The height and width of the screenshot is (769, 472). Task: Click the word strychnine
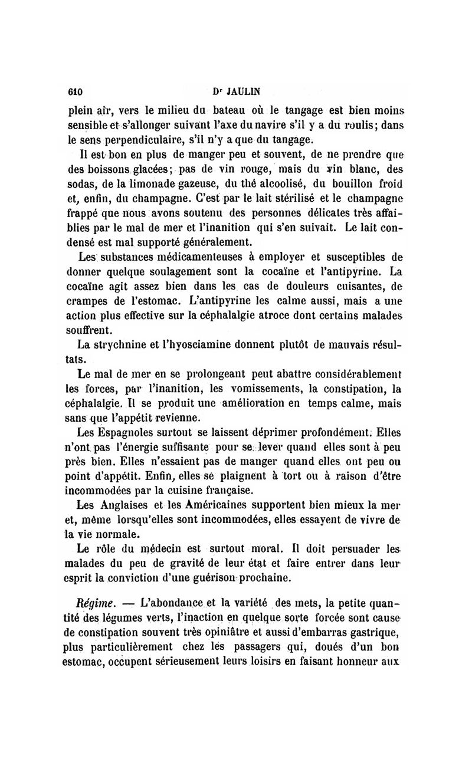click(x=126, y=343)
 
